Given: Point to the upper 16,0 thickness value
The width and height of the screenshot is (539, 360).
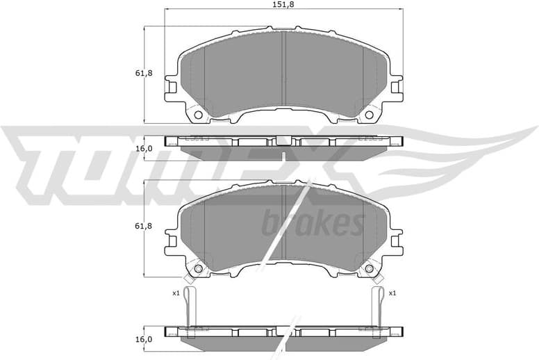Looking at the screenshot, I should [x=142, y=148].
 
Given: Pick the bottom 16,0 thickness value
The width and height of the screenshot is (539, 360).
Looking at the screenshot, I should [x=142, y=339].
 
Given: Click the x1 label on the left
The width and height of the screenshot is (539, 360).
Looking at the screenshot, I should [x=176, y=293].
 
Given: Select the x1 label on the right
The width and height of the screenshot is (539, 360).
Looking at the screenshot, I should [x=392, y=293].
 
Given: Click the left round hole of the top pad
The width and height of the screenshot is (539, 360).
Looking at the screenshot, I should [x=197, y=115].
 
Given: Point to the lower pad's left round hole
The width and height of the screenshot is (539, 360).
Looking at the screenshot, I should [x=197, y=269].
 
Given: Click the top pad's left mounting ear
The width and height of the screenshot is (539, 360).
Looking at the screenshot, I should [x=171, y=89].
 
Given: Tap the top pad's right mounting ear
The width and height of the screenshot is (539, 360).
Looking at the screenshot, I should [x=397, y=89].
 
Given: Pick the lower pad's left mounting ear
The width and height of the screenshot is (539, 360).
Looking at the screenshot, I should [x=171, y=243].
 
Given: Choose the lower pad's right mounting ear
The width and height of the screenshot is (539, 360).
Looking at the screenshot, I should [x=397, y=243].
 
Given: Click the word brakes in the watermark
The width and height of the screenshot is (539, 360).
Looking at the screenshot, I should [x=313, y=224].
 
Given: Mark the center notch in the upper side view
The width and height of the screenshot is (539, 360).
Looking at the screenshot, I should [x=283, y=140].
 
